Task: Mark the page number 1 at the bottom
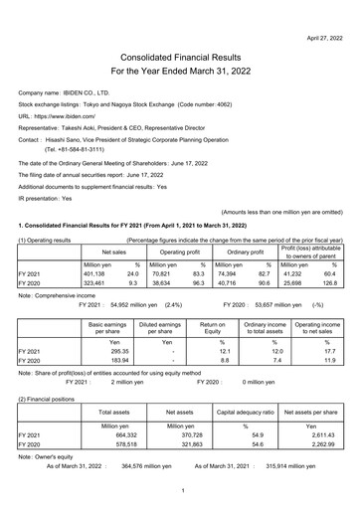180,490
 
